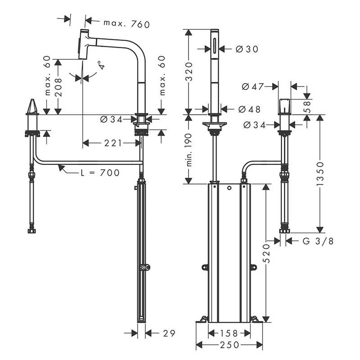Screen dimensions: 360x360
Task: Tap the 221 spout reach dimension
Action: click(110, 143)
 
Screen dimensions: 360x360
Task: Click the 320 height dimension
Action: click(189, 71)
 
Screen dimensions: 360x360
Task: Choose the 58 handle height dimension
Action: click(308, 106)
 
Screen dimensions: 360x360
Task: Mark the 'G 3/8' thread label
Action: click(318, 241)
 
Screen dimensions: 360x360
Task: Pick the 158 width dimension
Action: click(229, 333)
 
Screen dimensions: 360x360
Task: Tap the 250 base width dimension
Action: click(229, 346)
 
